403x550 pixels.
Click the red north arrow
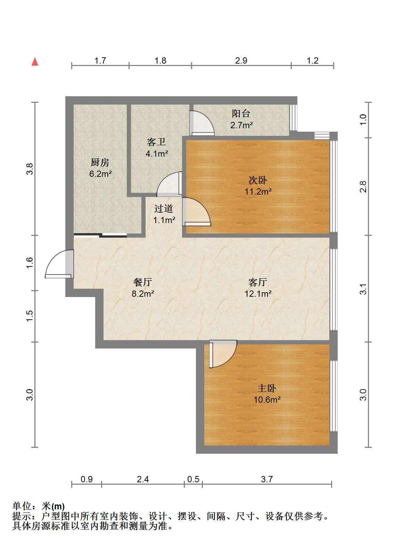coord(35,61)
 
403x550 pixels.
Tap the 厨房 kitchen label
coord(100,162)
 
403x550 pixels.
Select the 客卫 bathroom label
coord(156,142)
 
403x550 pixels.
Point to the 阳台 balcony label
coord(241,113)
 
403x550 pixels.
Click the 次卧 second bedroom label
coord(258,180)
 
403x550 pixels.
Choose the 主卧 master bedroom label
coord(267,388)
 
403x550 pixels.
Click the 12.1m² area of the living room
coord(258,294)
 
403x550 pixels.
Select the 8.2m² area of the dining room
coord(143,294)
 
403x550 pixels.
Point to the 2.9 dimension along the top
coord(241,61)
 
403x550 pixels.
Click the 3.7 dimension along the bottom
coord(267,479)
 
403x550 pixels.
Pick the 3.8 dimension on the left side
coord(30,169)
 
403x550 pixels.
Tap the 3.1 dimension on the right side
coord(363,289)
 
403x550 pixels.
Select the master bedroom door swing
coord(223,354)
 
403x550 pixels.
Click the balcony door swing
coord(202,123)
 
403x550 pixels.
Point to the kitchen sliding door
coord(100,235)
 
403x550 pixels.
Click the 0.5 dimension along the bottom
coord(193,479)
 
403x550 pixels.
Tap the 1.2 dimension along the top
coord(313,61)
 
